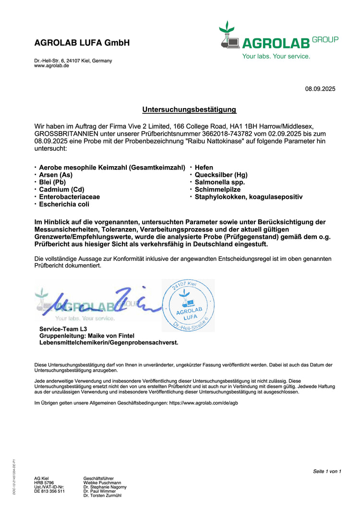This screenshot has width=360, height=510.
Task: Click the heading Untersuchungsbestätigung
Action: click(189, 109)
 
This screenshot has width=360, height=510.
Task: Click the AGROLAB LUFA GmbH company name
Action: click(82, 43)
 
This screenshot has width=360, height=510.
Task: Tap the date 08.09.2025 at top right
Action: click(320, 89)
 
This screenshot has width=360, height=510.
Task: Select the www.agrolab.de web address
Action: click(51, 66)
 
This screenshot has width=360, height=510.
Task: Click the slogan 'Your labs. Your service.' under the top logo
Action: click(276, 56)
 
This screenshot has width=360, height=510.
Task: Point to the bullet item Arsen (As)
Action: click(56, 175)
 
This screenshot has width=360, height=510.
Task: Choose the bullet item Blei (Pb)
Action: click(52, 182)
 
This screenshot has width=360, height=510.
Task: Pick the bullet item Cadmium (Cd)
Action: click(61, 189)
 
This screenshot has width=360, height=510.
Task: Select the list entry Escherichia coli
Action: click(64, 204)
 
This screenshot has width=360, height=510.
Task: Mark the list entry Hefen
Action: click(204, 167)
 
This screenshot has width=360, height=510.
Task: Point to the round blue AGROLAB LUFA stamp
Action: click(188, 305)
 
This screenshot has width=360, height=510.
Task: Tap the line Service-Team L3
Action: click(63, 328)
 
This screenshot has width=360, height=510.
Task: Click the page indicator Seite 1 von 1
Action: click(327, 471)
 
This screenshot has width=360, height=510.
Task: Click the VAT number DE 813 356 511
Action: click(49, 491)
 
